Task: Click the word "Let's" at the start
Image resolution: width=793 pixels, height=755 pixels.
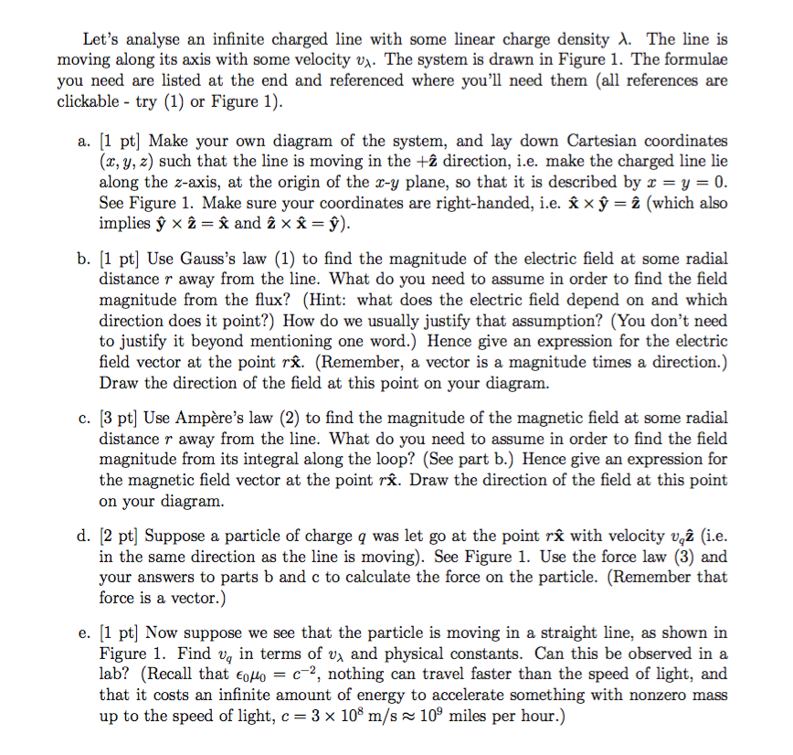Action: click(x=101, y=39)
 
